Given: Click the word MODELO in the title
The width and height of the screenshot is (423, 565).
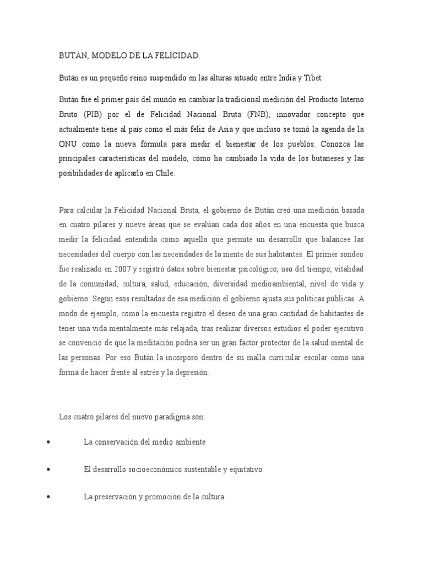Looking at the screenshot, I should tap(102, 56).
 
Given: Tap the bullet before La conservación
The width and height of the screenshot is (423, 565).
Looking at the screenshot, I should tap(50, 443).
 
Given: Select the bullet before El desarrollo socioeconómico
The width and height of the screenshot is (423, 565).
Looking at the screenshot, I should tap(50, 470).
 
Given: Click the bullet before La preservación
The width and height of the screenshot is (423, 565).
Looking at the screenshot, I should tap(50, 497).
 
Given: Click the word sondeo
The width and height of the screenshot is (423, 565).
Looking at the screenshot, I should tap(350, 254).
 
